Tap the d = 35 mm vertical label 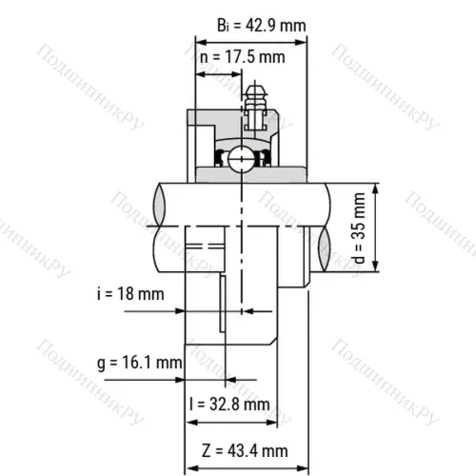(x=358, y=229)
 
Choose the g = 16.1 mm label (x=139, y=363)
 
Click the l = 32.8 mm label (x=229, y=403)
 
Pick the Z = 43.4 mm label (x=246, y=449)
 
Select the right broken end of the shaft (x=324, y=228)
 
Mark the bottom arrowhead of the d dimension (x=378, y=269)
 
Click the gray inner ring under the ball (x=243, y=175)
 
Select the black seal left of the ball (x=221, y=157)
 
